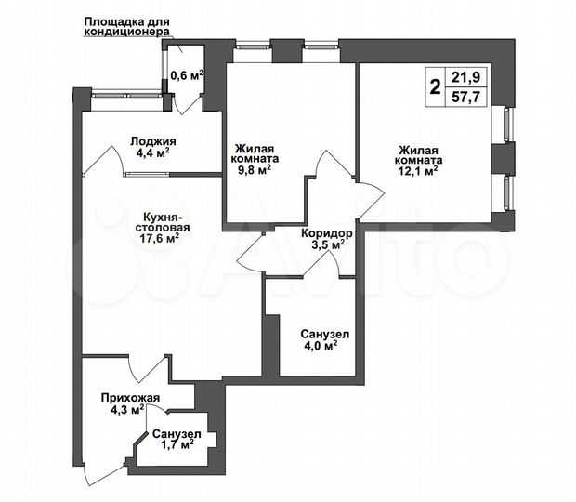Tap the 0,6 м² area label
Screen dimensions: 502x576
(186, 76)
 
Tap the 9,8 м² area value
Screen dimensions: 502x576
(252, 170)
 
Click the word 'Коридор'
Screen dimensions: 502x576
(325, 233)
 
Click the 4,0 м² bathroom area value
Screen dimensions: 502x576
(318, 346)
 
